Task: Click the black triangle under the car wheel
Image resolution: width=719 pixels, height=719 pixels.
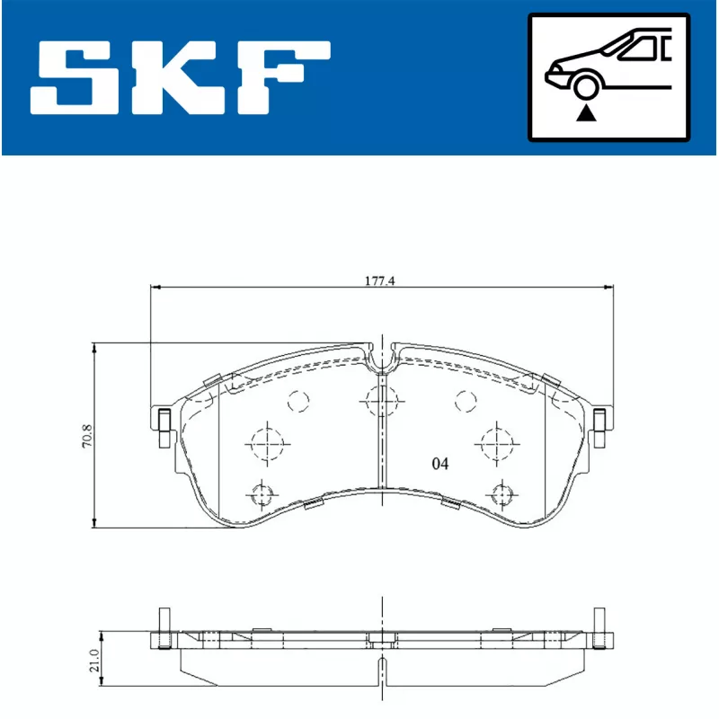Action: click(587, 112)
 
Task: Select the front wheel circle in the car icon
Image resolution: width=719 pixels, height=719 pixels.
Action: click(587, 87)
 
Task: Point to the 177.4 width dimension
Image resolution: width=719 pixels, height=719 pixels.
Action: click(380, 280)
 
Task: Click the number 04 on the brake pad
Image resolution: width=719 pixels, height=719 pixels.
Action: click(439, 465)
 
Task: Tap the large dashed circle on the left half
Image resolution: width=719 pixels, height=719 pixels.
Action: click(265, 441)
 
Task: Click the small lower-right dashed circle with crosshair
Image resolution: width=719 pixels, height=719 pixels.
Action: click(501, 493)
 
